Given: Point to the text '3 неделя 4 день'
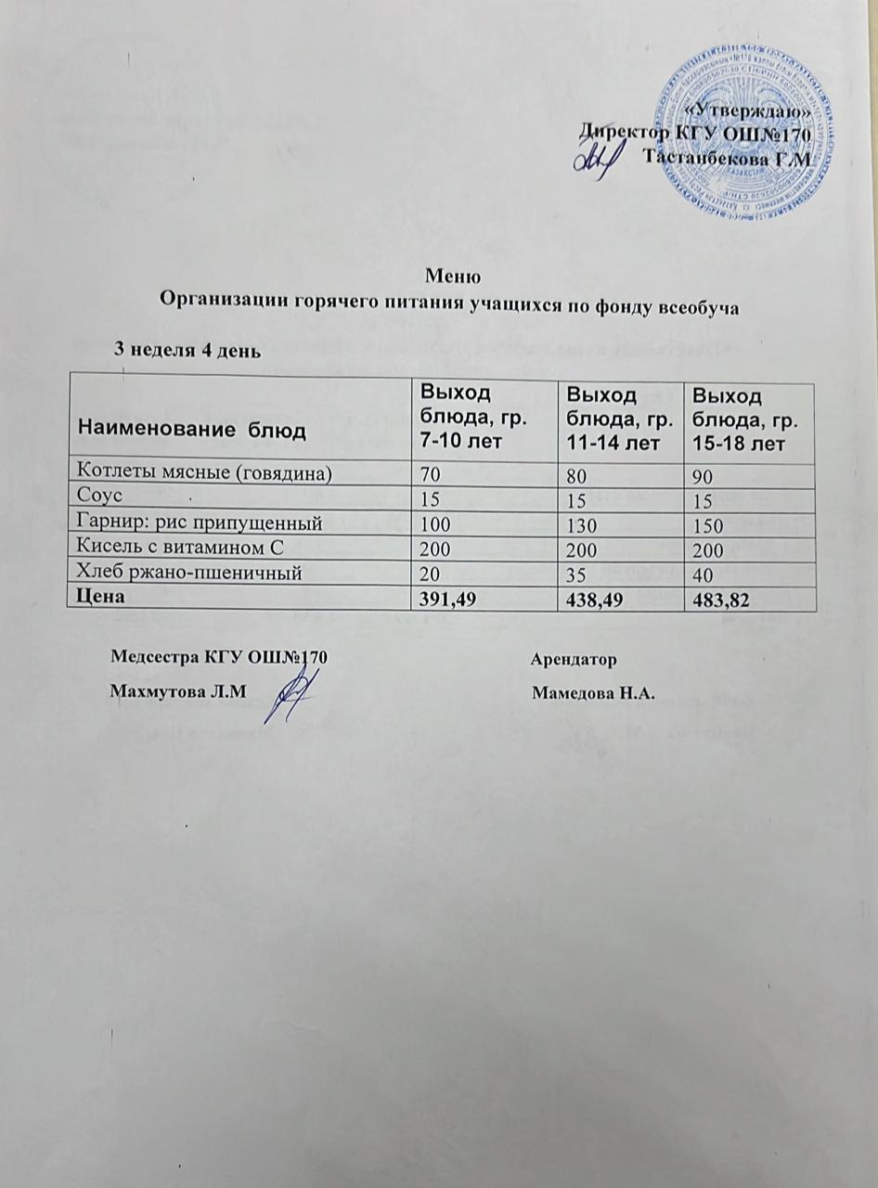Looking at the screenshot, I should click(187, 350).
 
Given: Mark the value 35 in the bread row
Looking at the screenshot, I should click(576, 575).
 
